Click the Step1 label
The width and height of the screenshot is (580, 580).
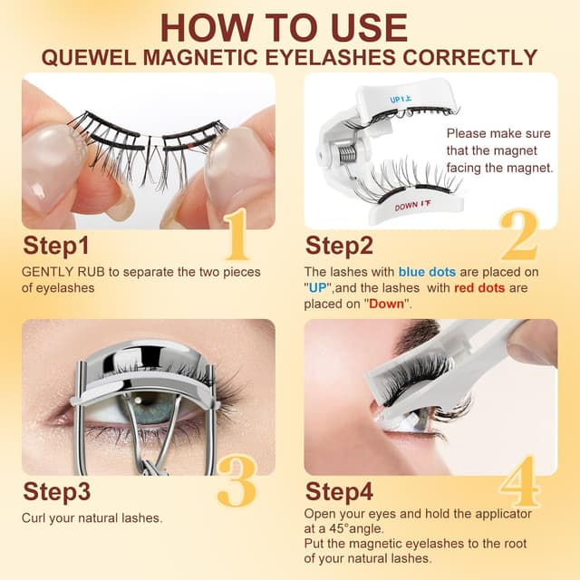pos(56,246)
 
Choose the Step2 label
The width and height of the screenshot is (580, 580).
pos(339,246)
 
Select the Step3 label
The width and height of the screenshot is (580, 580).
pos(56,492)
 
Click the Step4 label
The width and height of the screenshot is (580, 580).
pos(339,492)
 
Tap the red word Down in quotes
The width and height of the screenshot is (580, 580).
pos(390,304)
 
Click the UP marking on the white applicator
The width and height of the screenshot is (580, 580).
pos(401,99)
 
